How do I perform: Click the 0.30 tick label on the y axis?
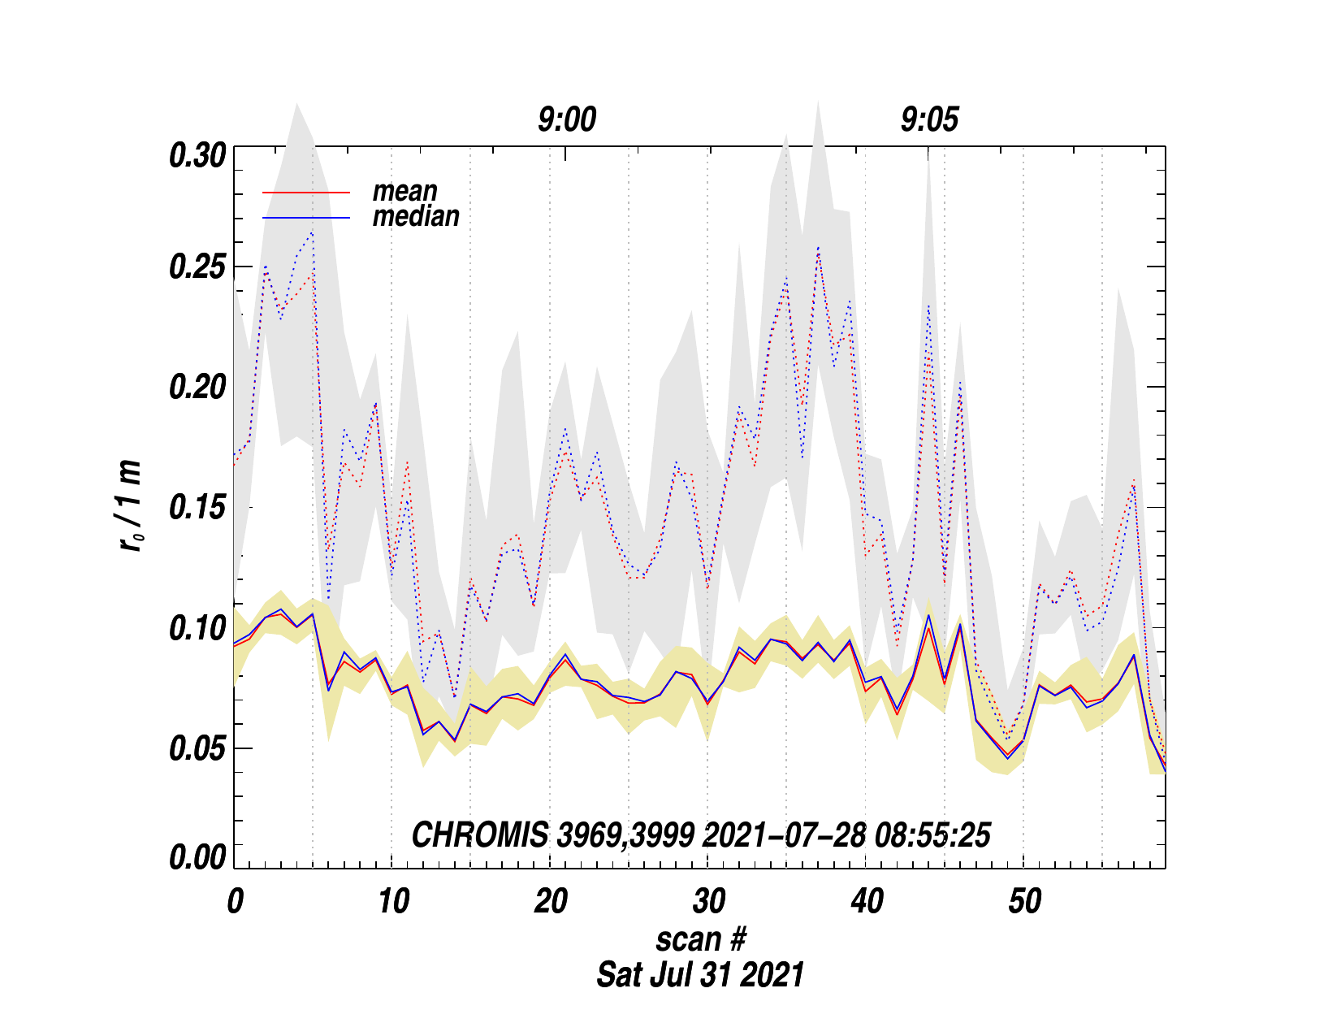[196, 155]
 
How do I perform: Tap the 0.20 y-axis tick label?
[196, 388]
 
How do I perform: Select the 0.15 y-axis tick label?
[196, 508]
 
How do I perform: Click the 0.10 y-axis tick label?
[196, 628]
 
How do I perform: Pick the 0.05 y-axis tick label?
[196, 748]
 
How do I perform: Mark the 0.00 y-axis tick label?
[196, 858]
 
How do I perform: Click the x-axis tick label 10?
[393, 901]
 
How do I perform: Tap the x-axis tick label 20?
[551, 901]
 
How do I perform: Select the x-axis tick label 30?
[708, 901]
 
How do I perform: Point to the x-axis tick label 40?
[867, 901]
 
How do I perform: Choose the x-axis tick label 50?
[1024, 901]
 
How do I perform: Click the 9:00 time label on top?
[566, 120]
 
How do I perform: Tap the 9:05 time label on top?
[929, 120]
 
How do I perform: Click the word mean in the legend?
[404, 192]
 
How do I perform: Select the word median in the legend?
[416, 216]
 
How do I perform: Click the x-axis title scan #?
[700, 939]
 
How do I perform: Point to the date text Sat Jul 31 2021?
[700, 974]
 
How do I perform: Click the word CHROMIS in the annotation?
[479, 835]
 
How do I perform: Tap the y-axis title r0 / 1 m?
[131, 506]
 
